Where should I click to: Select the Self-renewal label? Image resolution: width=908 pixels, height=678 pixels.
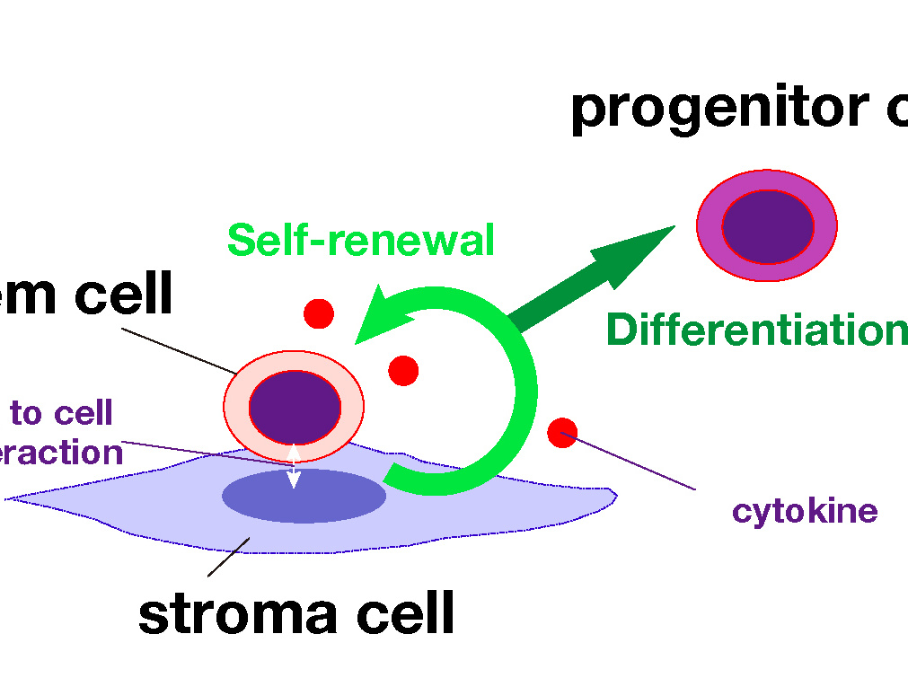point(360,241)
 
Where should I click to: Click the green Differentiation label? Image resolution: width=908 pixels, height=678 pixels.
point(756,330)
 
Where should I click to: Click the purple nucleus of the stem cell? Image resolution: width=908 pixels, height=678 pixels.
point(295,407)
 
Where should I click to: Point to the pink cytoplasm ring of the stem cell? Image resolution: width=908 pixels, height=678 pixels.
point(235,407)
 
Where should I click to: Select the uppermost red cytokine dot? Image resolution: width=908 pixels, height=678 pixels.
point(319,313)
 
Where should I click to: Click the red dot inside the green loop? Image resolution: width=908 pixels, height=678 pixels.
point(403,370)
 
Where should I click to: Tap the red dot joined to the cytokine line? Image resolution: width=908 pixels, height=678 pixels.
point(562,432)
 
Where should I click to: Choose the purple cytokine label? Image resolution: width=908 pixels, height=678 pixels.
point(805,511)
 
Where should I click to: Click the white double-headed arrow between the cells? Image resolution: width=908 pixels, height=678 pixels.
point(293,465)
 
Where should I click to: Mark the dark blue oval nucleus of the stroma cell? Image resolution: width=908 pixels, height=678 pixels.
point(304,496)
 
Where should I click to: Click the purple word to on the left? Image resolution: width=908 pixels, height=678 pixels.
point(26,413)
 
